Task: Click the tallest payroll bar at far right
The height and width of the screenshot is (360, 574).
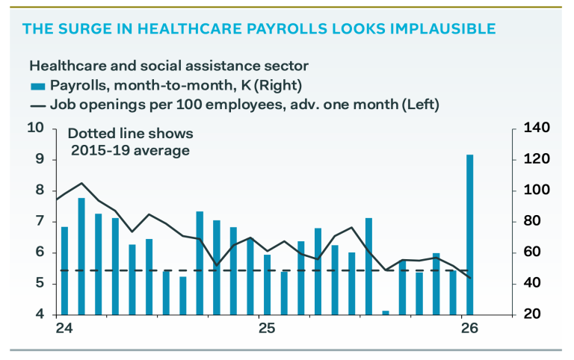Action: click(469, 235)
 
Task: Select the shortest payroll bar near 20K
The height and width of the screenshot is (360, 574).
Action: click(386, 313)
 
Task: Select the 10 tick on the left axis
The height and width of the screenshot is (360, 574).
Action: click(36, 128)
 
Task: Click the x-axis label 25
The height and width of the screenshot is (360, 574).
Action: click(262, 327)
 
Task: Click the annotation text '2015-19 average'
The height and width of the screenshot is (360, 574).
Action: click(130, 150)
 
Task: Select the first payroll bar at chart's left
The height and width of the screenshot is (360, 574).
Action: click(65, 270)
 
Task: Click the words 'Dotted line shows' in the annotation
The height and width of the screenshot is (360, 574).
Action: click(131, 134)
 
